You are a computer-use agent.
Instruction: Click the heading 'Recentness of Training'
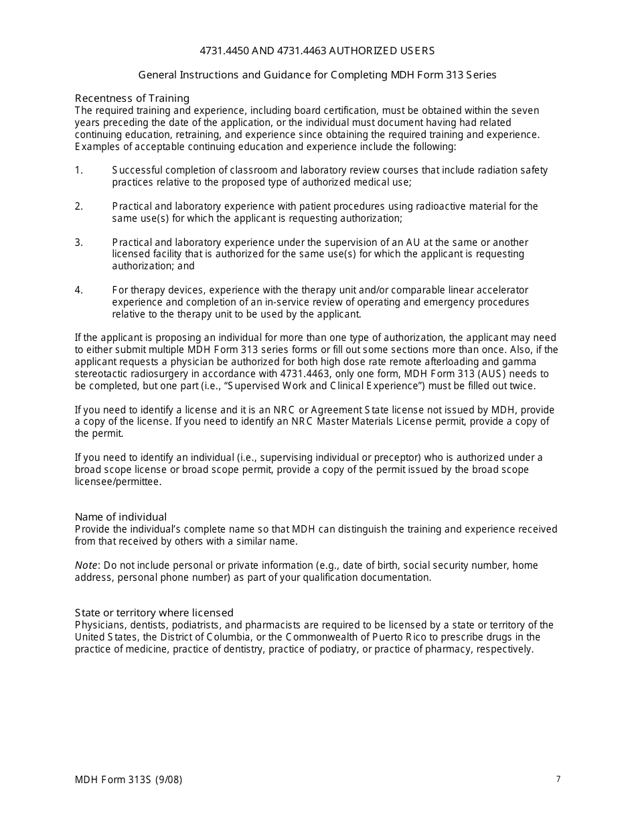pos(132,98)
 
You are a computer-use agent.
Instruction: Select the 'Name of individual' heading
pos(121,517)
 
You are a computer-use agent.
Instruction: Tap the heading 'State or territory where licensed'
pos(154,613)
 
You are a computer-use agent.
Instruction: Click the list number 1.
pos(78,170)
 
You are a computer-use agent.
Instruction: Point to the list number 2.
pos(78,206)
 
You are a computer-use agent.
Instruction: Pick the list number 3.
pos(78,243)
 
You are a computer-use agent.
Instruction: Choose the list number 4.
pos(78,290)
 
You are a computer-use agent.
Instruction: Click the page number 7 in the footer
pos(558,779)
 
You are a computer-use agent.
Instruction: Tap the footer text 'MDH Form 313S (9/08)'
pos(129,780)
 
